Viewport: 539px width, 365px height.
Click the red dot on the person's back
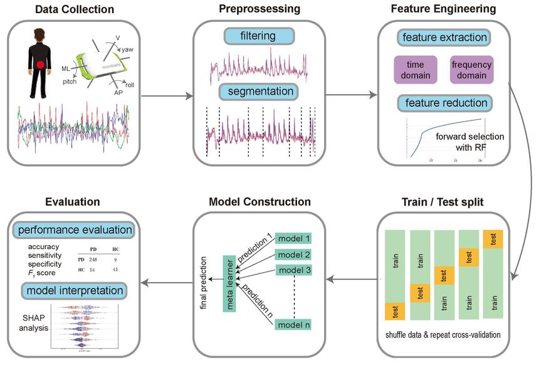(x=41, y=65)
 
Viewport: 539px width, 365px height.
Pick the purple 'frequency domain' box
(x=471, y=70)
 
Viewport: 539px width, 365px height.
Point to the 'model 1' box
(x=293, y=238)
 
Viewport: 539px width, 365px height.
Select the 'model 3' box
(x=293, y=270)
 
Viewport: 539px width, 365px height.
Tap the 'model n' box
(x=293, y=324)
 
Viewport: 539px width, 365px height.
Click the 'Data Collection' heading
(x=75, y=9)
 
